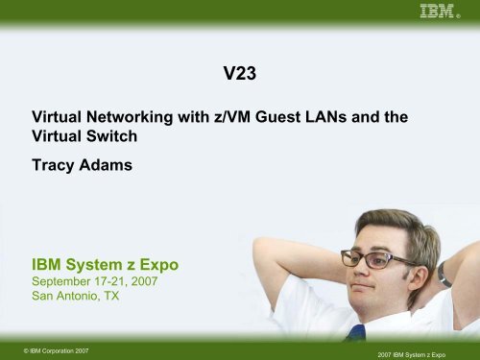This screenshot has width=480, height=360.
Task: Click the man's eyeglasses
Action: click(x=380, y=258)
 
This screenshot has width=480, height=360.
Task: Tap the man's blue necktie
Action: click(x=356, y=333)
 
